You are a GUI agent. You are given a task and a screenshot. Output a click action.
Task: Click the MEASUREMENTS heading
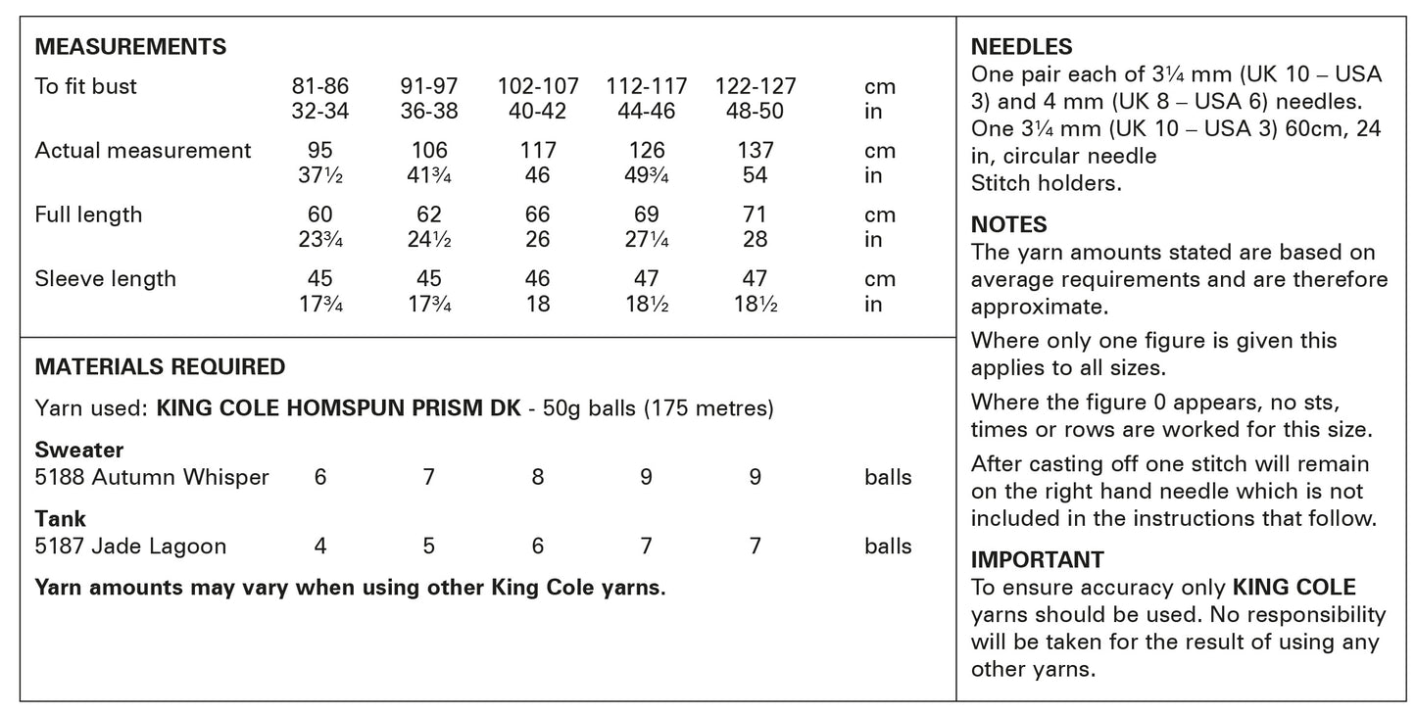tap(130, 47)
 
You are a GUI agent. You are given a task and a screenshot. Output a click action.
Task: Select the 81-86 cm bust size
tap(319, 86)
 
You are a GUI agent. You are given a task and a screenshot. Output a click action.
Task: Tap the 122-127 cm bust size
tap(755, 86)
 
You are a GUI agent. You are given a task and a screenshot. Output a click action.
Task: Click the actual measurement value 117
tap(538, 151)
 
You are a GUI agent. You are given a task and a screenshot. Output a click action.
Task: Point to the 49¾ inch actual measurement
tap(647, 176)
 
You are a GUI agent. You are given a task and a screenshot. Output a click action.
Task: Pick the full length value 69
tap(647, 214)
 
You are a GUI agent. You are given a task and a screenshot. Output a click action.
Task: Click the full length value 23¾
tap(319, 240)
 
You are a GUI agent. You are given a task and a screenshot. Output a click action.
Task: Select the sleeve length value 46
tap(538, 279)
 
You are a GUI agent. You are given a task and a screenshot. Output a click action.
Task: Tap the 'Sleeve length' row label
tap(105, 279)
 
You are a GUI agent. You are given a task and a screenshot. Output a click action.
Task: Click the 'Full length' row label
tap(88, 214)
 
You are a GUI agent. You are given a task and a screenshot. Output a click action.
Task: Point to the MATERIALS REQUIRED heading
tap(160, 367)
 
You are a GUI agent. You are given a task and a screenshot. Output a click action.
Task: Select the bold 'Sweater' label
tap(79, 451)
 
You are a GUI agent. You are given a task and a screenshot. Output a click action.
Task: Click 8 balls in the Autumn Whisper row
tap(538, 478)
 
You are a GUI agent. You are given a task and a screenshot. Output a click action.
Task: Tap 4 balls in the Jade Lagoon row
tap(320, 547)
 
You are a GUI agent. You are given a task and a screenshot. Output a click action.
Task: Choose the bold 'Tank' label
tap(61, 519)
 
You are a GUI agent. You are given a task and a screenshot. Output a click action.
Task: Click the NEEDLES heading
tap(1021, 47)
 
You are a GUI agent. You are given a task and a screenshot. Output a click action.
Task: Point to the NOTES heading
tap(1008, 225)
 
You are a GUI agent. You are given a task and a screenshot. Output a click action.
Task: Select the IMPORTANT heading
tap(1037, 560)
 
